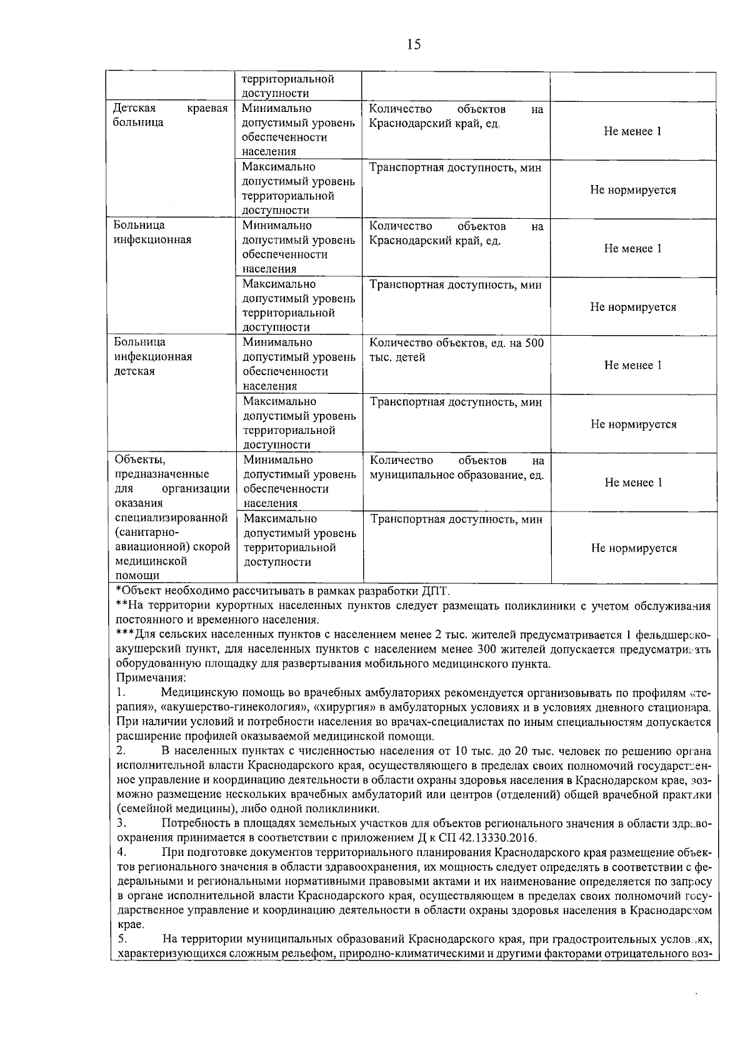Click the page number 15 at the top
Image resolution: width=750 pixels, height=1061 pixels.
pyautogui.click(x=414, y=44)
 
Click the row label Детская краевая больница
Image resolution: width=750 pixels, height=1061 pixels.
pyautogui.click(x=170, y=116)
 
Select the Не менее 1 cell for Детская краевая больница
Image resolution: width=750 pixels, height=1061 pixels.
pyautogui.click(x=632, y=131)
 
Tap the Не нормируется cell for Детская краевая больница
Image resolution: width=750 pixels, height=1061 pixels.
pyautogui.click(x=632, y=190)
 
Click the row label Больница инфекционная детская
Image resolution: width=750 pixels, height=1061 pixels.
pyautogui.click(x=153, y=357)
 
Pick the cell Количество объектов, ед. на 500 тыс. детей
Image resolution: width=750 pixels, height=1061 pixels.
pyautogui.click(x=456, y=351)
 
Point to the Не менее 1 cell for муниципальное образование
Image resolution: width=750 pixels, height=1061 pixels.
pyautogui.click(x=633, y=483)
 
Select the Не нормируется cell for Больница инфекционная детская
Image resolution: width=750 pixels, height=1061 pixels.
pyautogui.click(x=633, y=425)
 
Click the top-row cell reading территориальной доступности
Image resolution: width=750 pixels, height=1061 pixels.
pyautogui.click(x=288, y=86)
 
